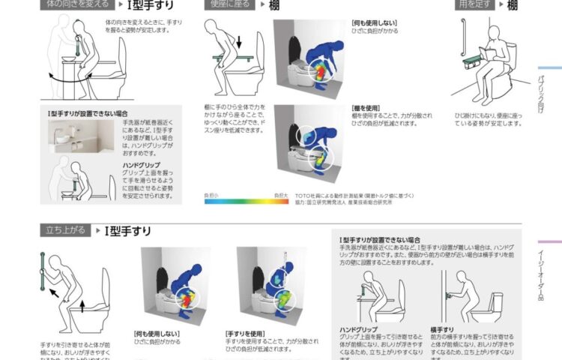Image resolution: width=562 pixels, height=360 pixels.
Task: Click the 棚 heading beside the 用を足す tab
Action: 513,5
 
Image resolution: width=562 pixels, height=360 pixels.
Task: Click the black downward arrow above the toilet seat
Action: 240,39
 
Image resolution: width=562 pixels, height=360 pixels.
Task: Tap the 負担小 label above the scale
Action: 212,195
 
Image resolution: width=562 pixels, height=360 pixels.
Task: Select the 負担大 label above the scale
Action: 281,195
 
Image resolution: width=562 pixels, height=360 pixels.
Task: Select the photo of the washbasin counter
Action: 72,133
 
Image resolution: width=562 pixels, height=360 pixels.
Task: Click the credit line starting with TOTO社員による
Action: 353,195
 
